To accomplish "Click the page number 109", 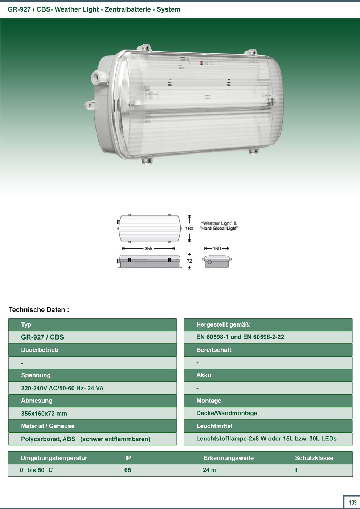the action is pos(353,502).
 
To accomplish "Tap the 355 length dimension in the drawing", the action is pos(148,249).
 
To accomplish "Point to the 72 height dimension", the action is pos(189,261).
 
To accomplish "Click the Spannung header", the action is pos(36,375).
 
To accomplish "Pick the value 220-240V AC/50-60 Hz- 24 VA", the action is pos(62,388).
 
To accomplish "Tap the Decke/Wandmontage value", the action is pos(227,413).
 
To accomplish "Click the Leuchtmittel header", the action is pos(214,426).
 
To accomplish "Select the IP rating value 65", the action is pos(128,470).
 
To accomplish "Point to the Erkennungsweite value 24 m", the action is pos(209,470).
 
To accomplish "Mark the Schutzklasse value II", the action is pos(296,470).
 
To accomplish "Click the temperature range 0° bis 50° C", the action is pos(36,470).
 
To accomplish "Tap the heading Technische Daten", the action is pos(39,310).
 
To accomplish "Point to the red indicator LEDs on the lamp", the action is pos(201,63).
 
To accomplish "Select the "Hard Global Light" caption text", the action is pos(219,228).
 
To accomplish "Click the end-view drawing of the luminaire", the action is pos(217,262).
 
